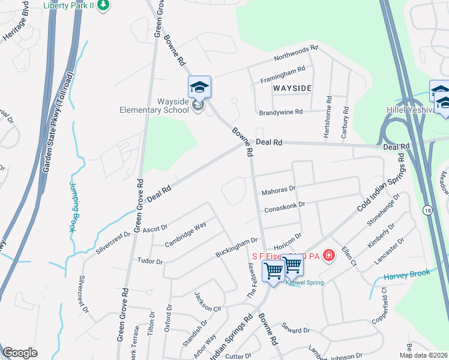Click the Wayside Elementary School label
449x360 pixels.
point(165,106)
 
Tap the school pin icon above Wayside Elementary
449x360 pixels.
point(199,88)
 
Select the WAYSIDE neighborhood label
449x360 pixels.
point(292,88)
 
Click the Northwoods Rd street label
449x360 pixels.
point(295,54)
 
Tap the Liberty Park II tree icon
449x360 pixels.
point(104,5)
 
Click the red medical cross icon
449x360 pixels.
point(328,256)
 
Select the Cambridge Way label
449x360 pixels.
point(185,233)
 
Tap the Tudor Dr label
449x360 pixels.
point(150,262)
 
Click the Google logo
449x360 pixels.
point(20,353)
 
